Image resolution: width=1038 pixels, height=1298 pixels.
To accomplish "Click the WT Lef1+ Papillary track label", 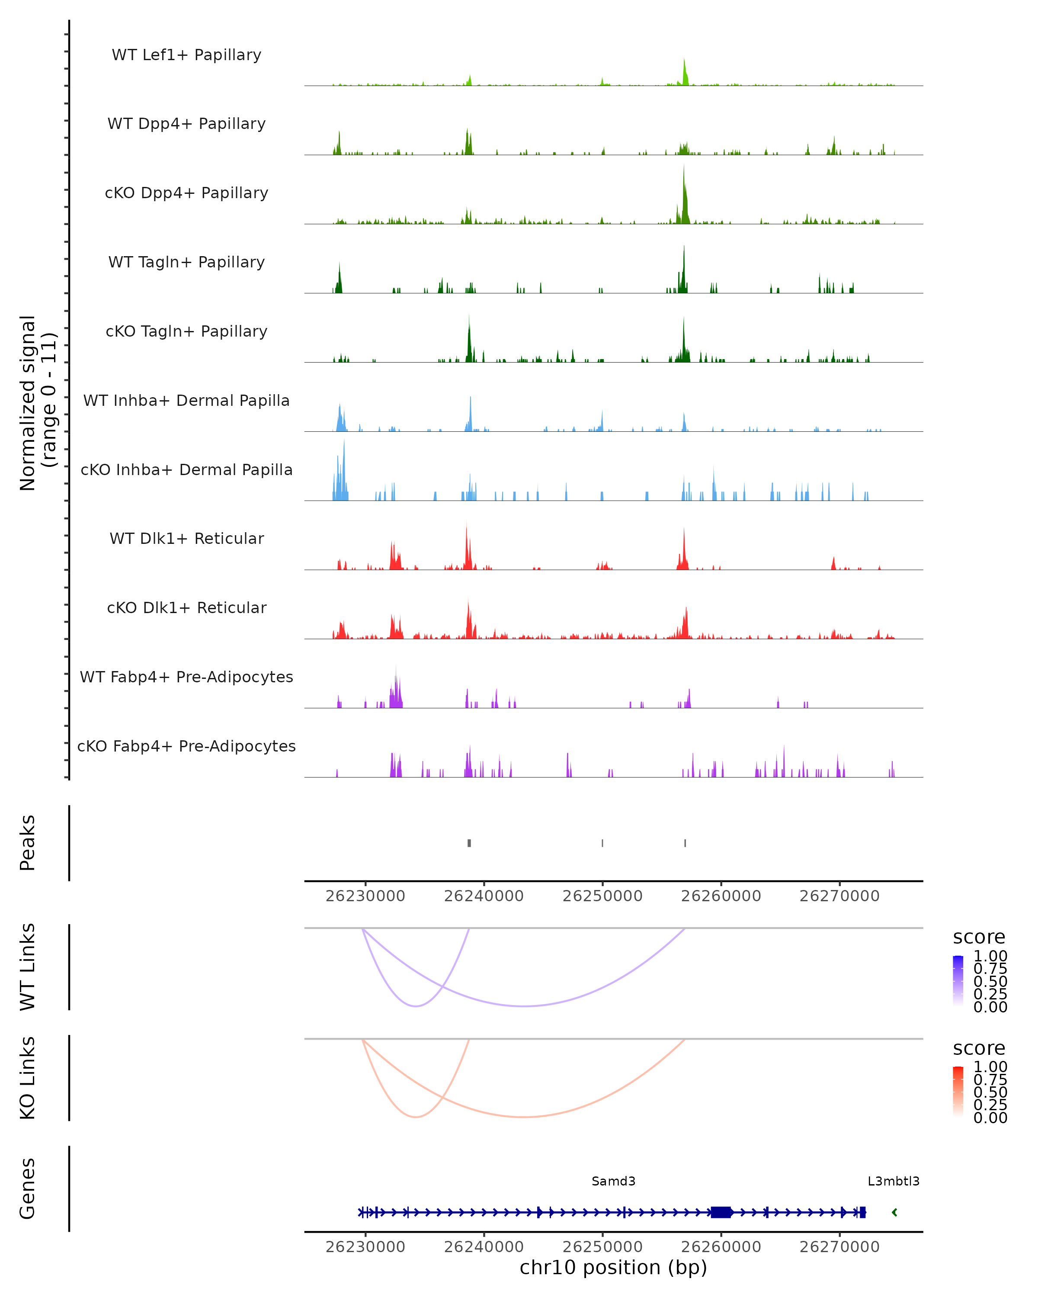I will pyautogui.click(x=186, y=55).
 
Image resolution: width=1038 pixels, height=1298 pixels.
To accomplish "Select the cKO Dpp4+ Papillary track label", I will pyautogui.click(x=186, y=193).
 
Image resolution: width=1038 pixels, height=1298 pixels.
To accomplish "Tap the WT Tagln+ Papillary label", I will pyautogui.click(x=186, y=262).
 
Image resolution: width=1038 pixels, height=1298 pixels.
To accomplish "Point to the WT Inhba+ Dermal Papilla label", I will pyautogui.click(x=186, y=400).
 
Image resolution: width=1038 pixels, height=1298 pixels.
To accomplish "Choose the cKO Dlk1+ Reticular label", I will pyautogui.click(x=186, y=607).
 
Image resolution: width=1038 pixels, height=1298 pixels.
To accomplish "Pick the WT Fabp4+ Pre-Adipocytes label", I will pyautogui.click(x=186, y=677).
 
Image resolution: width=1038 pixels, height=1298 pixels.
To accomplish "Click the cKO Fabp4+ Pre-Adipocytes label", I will pyautogui.click(x=186, y=746).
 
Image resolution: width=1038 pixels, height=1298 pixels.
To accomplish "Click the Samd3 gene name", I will pyautogui.click(x=613, y=1181).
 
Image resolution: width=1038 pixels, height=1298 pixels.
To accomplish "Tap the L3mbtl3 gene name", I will pyautogui.click(x=893, y=1181).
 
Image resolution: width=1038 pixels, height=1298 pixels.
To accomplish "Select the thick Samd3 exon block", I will pyautogui.click(x=721, y=1212).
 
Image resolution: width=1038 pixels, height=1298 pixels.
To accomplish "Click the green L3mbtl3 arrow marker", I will pyautogui.click(x=895, y=1212).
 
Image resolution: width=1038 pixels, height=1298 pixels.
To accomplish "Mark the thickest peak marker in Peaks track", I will pyautogui.click(x=469, y=843).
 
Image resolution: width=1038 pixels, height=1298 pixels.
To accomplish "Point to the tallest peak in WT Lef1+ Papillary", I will pyautogui.click(x=684, y=62).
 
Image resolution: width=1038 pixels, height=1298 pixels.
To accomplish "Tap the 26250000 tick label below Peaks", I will pyautogui.click(x=602, y=896).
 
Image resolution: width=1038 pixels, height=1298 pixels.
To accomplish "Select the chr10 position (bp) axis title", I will pyautogui.click(x=613, y=1267).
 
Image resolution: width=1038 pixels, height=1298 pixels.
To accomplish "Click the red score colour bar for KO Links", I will pyautogui.click(x=958, y=1091).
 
